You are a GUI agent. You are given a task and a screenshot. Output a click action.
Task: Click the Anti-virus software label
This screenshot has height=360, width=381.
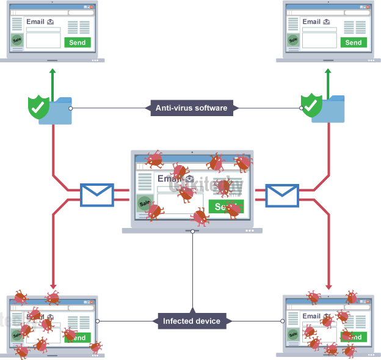(x=191, y=108)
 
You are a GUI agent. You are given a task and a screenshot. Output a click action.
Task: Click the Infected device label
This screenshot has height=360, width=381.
(x=192, y=320)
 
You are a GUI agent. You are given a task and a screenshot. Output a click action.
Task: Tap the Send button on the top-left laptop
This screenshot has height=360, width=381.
(x=78, y=42)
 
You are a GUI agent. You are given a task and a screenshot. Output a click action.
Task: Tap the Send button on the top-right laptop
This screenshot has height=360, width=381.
(x=353, y=42)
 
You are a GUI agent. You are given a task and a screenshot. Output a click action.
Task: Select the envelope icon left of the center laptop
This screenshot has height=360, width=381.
(x=97, y=195)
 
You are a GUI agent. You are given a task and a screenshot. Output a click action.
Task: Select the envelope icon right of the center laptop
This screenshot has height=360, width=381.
(x=281, y=195)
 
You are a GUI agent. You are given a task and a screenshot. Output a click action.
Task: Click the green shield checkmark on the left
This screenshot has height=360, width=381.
(x=38, y=107)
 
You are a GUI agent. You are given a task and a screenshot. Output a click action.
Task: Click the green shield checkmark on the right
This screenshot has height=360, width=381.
(x=311, y=105)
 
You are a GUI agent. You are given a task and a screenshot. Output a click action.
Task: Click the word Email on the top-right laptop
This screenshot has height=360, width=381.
(x=311, y=21)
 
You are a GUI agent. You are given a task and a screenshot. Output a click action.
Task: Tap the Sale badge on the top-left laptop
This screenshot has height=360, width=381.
(x=17, y=40)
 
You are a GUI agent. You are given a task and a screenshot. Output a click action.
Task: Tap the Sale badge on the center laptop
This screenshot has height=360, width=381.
(x=145, y=203)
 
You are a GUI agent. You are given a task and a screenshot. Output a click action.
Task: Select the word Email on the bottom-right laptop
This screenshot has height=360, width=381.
(x=311, y=316)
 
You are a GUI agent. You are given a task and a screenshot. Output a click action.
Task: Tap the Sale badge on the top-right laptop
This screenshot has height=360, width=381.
(x=293, y=40)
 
